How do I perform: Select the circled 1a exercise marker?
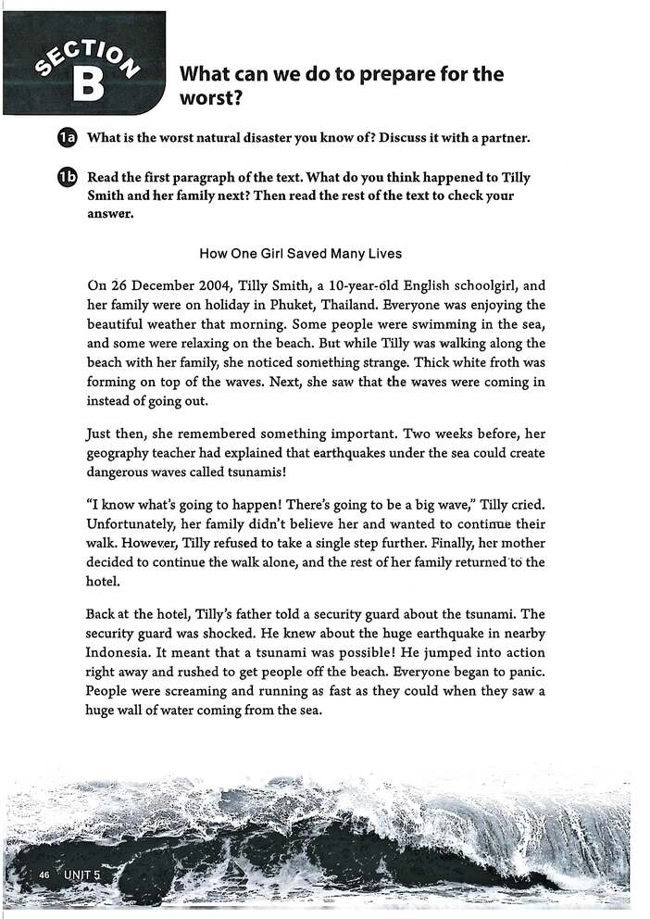click(66, 139)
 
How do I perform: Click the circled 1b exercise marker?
click(66, 179)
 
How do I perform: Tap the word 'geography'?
click(119, 453)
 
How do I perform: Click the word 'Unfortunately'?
click(128, 523)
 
